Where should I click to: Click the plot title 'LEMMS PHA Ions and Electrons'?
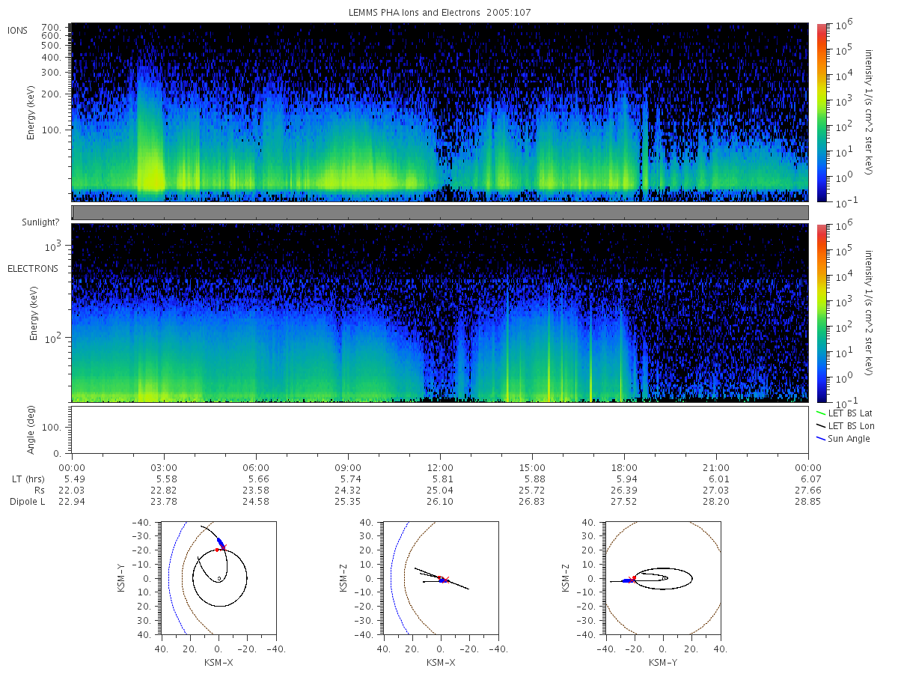point(414,13)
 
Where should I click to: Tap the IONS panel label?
point(17,31)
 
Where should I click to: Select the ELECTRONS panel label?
point(33,268)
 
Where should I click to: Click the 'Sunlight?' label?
point(40,222)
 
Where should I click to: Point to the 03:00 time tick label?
point(164,468)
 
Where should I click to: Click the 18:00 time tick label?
point(624,468)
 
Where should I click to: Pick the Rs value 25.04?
point(440,491)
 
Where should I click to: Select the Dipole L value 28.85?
point(807,501)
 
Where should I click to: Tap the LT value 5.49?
point(74,479)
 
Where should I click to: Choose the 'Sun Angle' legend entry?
point(843,439)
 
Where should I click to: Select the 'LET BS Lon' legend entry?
point(845,426)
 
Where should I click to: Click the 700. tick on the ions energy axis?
point(51,28)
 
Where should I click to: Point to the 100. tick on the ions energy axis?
point(51,130)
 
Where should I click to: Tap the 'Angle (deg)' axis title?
point(31,430)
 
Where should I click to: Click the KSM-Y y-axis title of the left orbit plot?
point(120,578)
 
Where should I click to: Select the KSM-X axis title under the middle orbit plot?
point(441,663)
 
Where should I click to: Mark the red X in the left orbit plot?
point(223,547)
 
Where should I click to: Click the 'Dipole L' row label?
point(27,501)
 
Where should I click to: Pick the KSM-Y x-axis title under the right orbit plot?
point(663,663)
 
